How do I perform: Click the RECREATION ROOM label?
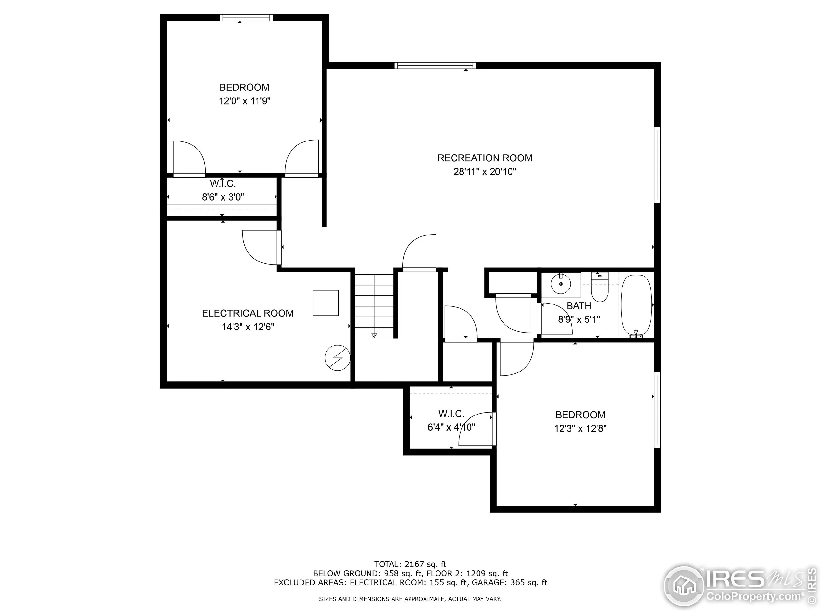(x=484, y=158)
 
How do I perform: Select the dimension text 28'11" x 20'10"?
(x=484, y=172)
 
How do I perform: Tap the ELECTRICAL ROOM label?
(x=248, y=313)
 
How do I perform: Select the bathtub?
(x=636, y=305)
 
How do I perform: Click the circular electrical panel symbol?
(x=337, y=358)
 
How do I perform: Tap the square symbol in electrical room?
(x=326, y=303)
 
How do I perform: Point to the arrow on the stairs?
(x=374, y=335)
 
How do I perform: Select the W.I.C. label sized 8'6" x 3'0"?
(x=223, y=184)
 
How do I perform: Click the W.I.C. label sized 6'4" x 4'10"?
(x=451, y=414)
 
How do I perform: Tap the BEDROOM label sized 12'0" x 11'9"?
(x=244, y=88)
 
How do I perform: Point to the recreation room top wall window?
(x=435, y=66)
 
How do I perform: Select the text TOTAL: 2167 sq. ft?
(x=410, y=564)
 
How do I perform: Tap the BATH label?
(x=579, y=306)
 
